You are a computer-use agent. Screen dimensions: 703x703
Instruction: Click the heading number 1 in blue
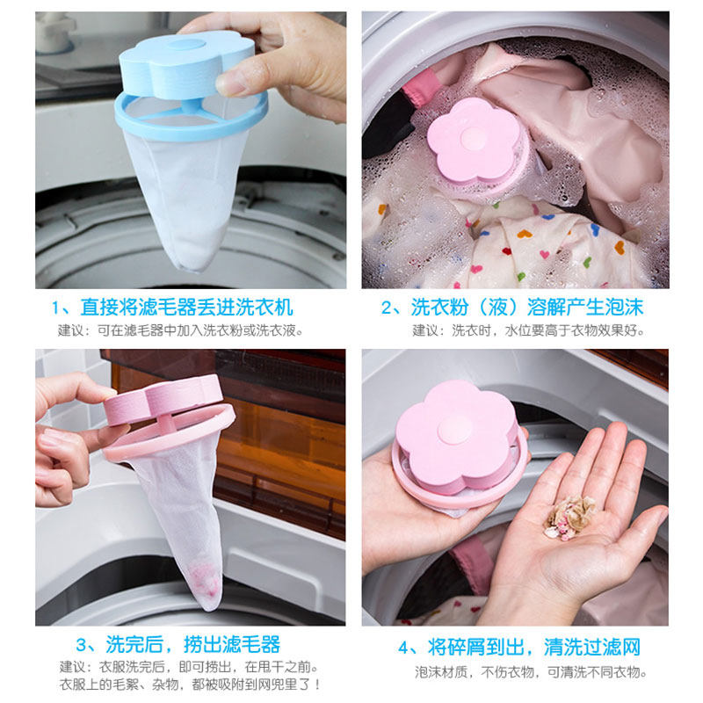coord(58,308)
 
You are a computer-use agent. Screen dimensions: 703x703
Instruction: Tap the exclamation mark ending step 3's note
coord(316,684)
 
